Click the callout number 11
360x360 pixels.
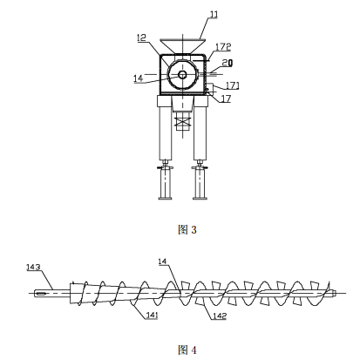click(x=214, y=15)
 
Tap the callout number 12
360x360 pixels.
click(x=142, y=37)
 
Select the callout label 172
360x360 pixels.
click(x=223, y=47)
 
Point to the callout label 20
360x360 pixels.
click(x=228, y=63)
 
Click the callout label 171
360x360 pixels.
click(x=233, y=85)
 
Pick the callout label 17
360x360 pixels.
click(x=226, y=98)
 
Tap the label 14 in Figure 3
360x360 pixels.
click(x=139, y=78)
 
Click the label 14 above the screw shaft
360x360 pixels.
click(x=162, y=262)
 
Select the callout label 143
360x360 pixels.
click(x=33, y=267)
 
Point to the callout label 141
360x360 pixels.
click(x=152, y=315)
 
